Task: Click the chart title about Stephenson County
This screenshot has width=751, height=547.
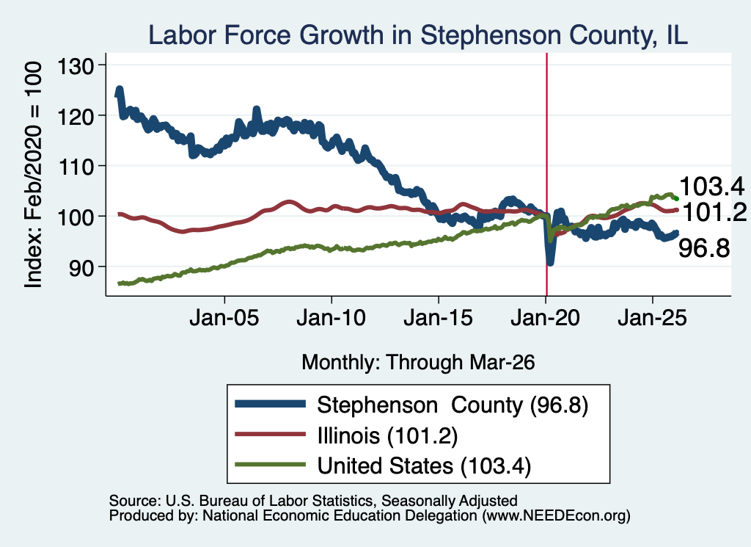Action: pyautogui.click(x=418, y=35)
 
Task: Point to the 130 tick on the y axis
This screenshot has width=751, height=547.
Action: pyautogui.click(x=76, y=65)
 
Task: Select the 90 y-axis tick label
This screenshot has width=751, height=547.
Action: pyautogui.click(x=81, y=267)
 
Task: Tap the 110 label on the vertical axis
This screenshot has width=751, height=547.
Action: pyautogui.click(x=76, y=167)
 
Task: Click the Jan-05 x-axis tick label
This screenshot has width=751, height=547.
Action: pyautogui.click(x=224, y=318)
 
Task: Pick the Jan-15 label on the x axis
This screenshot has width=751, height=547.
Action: pyautogui.click(x=439, y=318)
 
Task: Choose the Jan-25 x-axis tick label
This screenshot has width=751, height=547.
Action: pyautogui.click(x=652, y=318)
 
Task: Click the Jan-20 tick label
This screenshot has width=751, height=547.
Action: pyautogui.click(x=546, y=318)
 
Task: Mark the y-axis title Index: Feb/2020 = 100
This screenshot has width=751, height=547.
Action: pyautogui.click(x=33, y=175)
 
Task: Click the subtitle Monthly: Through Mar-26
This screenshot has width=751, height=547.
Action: pyautogui.click(x=418, y=362)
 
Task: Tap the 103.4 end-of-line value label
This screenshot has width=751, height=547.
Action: pyautogui.click(x=711, y=186)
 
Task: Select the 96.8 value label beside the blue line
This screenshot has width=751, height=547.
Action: pyautogui.click(x=704, y=248)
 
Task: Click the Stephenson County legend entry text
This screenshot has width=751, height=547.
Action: pyautogui.click(x=453, y=405)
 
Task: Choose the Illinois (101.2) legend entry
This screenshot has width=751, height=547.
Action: pyautogui.click(x=387, y=436)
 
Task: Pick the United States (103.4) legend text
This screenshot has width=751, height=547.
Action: pyautogui.click(x=424, y=466)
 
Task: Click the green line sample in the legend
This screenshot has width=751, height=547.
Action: pyautogui.click(x=270, y=464)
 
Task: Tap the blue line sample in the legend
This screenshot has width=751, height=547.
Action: pyautogui.click(x=270, y=404)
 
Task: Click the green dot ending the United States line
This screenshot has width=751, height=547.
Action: pyautogui.click(x=676, y=198)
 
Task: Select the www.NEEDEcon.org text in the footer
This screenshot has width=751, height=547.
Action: pyautogui.click(x=556, y=515)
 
